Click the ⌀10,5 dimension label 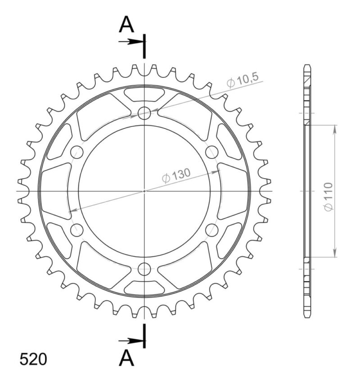point(243,81)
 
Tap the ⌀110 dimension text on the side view point(328,196)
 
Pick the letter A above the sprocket point(126,26)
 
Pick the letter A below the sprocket point(127,359)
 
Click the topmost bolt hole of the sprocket point(144,113)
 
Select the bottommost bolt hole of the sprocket point(144,269)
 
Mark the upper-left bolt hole point(77,152)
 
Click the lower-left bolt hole point(77,230)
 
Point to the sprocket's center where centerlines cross point(144,191)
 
